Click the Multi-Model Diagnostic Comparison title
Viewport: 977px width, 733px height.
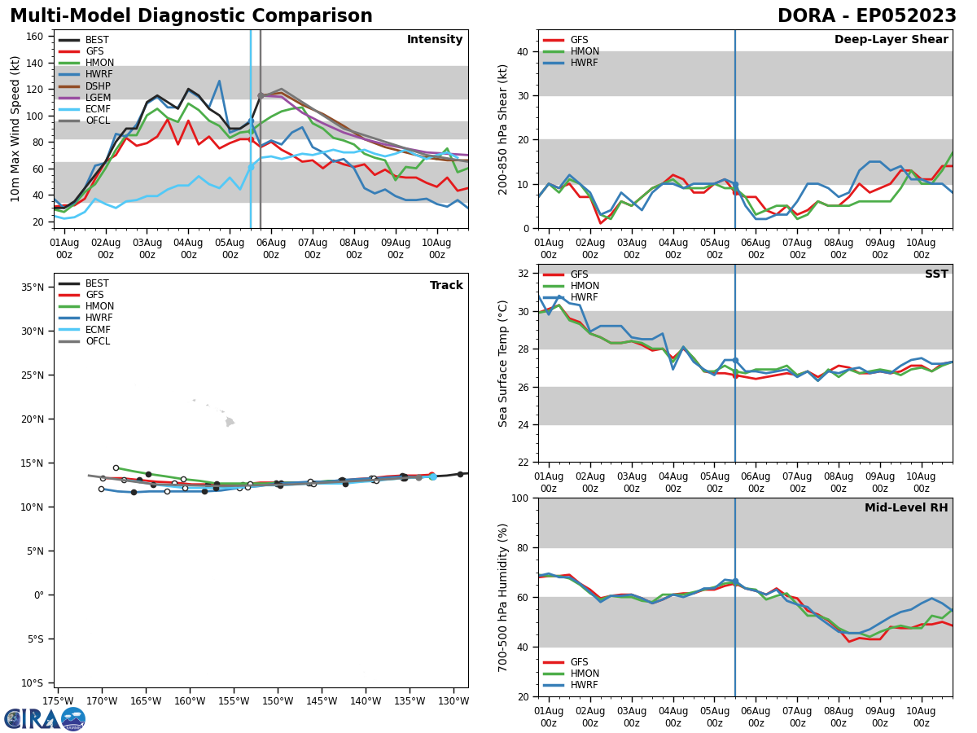(x=191, y=16)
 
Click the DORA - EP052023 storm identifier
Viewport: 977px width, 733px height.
(x=866, y=16)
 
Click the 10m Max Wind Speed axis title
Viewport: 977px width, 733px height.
(x=15, y=129)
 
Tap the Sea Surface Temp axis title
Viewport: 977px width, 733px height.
(x=503, y=363)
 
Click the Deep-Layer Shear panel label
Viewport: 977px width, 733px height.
(x=891, y=40)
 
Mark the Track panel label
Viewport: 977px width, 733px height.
(x=446, y=286)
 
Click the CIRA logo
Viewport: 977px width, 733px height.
(x=45, y=718)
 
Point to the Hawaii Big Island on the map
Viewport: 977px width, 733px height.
(x=230, y=422)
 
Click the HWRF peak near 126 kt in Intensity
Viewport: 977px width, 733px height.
(x=219, y=81)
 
